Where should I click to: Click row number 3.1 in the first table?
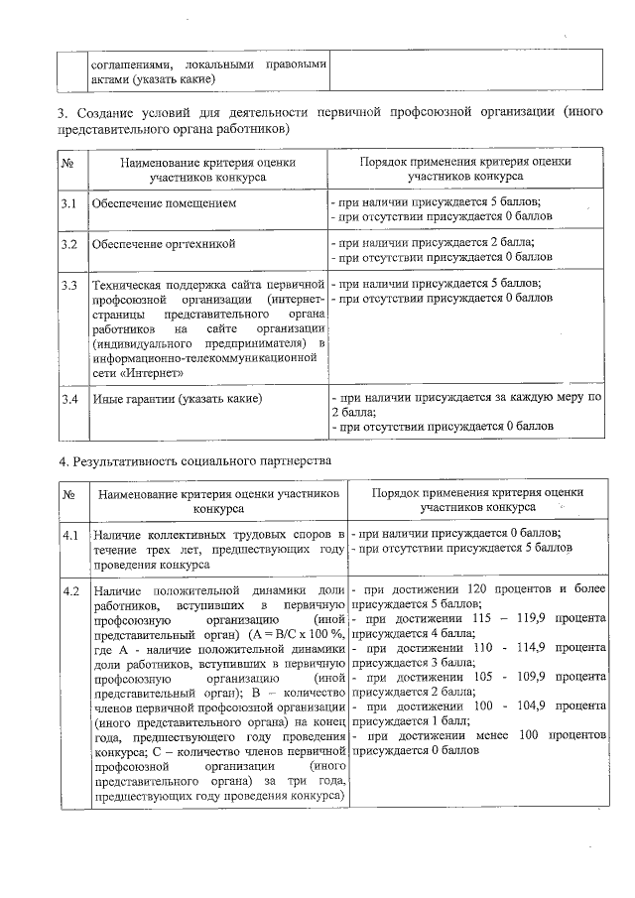(69, 203)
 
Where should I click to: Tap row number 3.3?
(69, 285)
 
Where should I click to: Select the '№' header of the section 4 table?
(69, 493)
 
